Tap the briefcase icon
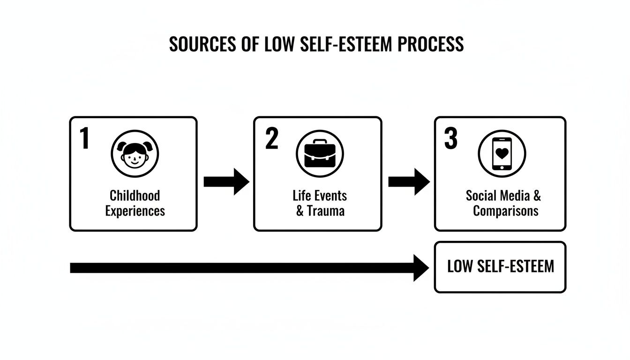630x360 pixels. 320,154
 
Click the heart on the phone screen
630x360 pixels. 502,153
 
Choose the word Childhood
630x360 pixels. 135,195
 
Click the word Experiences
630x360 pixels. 135,211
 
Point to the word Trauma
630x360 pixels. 326,211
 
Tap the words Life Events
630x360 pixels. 320,195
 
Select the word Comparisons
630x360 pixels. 505,211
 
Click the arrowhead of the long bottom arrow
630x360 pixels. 420,268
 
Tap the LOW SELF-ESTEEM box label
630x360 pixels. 500,267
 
